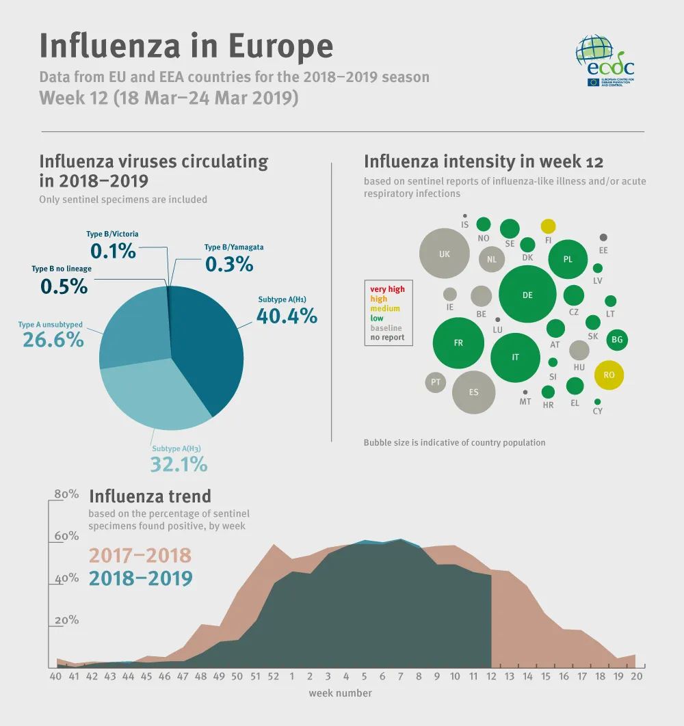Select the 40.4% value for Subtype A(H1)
(287, 316)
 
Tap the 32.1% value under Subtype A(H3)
(179, 465)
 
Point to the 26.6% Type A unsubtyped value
(53, 340)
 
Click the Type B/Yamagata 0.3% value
(229, 264)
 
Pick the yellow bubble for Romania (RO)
(609, 375)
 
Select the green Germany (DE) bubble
(527, 295)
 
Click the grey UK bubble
(445, 254)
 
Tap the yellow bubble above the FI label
(549, 226)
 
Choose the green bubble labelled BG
(617, 339)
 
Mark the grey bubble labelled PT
(436, 382)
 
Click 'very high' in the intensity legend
(387, 289)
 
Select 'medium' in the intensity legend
(385, 309)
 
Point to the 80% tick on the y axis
(66, 494)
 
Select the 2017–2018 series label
(140, 555)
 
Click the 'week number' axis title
(340, 693)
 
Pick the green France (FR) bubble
(458, 343)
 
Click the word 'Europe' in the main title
(280, 46)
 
